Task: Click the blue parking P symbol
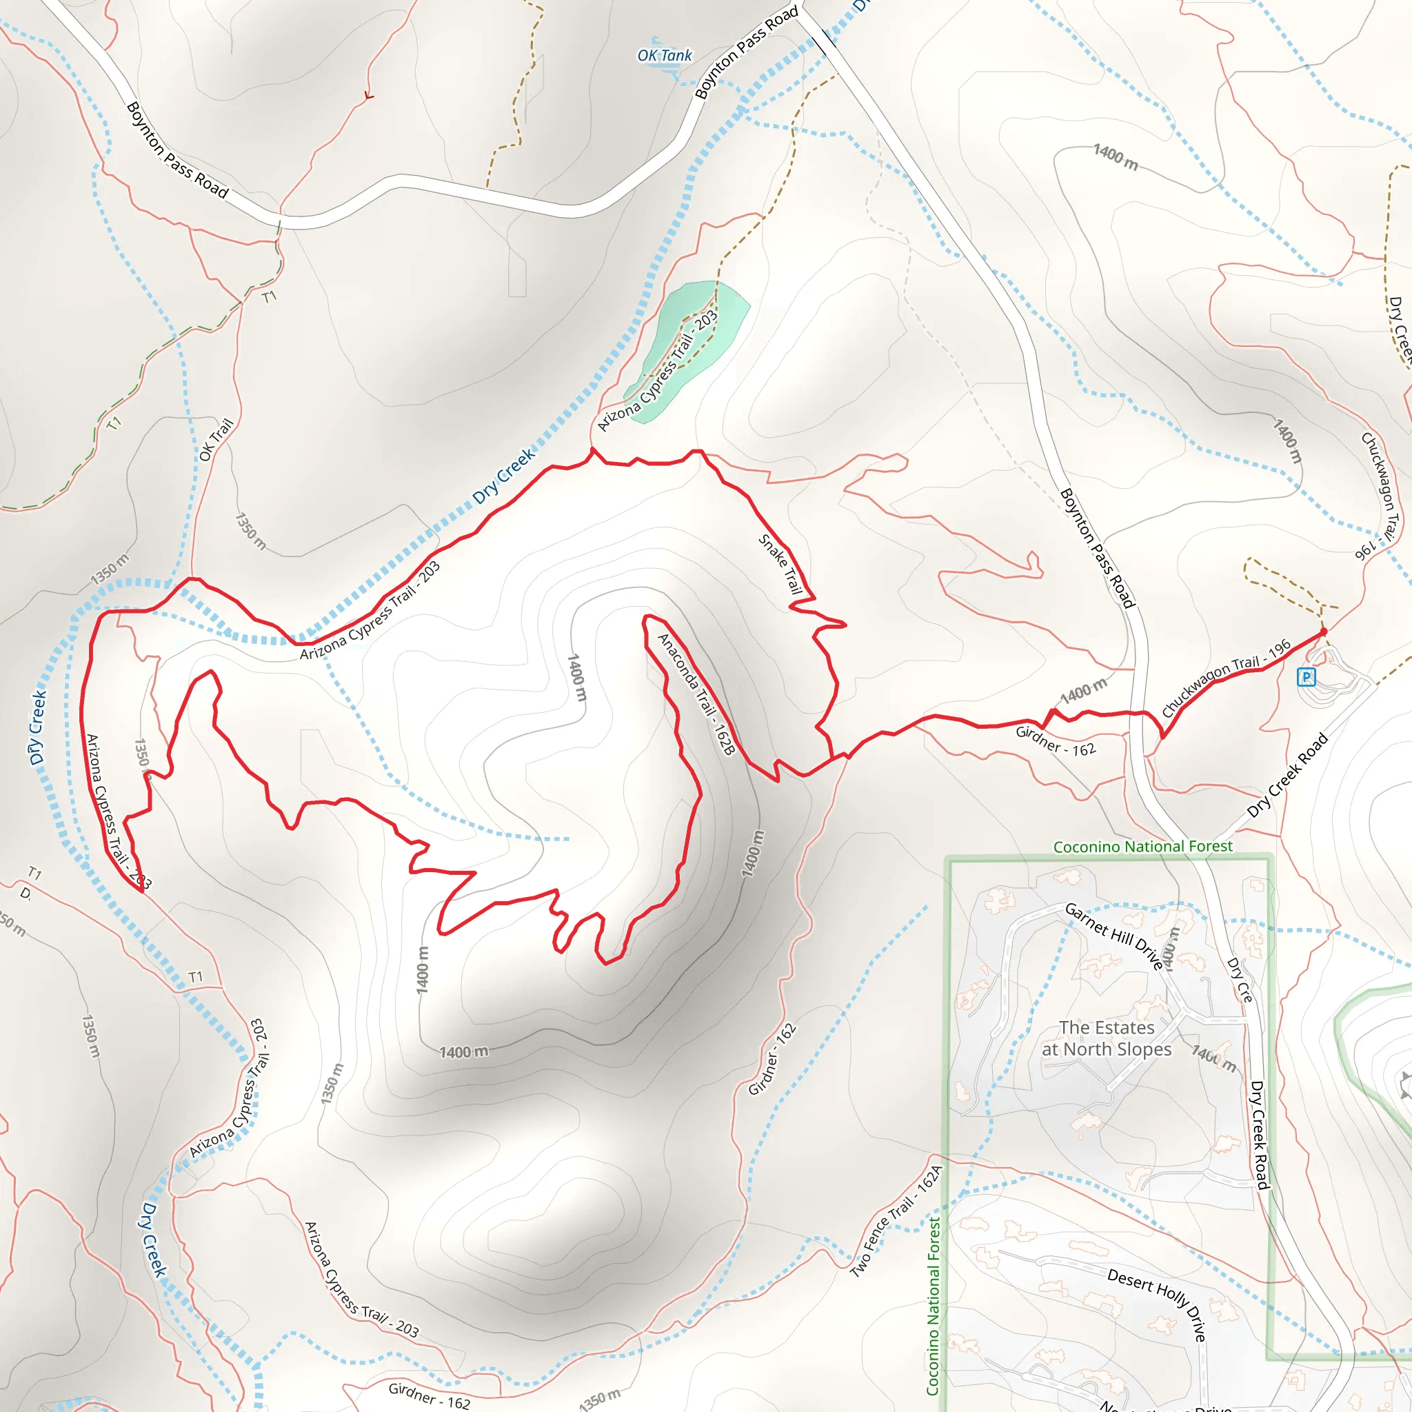[1306, 677]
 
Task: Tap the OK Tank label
[665, 56]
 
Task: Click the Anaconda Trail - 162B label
[695, 694]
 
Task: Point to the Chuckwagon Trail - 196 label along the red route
[1226, 678]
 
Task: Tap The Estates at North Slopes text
[1107, 1038]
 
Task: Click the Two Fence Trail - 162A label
[896, 1222]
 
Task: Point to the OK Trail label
[216, 439]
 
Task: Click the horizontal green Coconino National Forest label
[1142, 847]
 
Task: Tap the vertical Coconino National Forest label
[934, 1305]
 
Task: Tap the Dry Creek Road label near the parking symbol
[1287, 775]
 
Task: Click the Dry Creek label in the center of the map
[503, 476]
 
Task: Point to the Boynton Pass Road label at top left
[178, 150]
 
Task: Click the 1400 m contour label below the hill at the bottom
[463, 1051]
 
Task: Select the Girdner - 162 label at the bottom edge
[428, 1395]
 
